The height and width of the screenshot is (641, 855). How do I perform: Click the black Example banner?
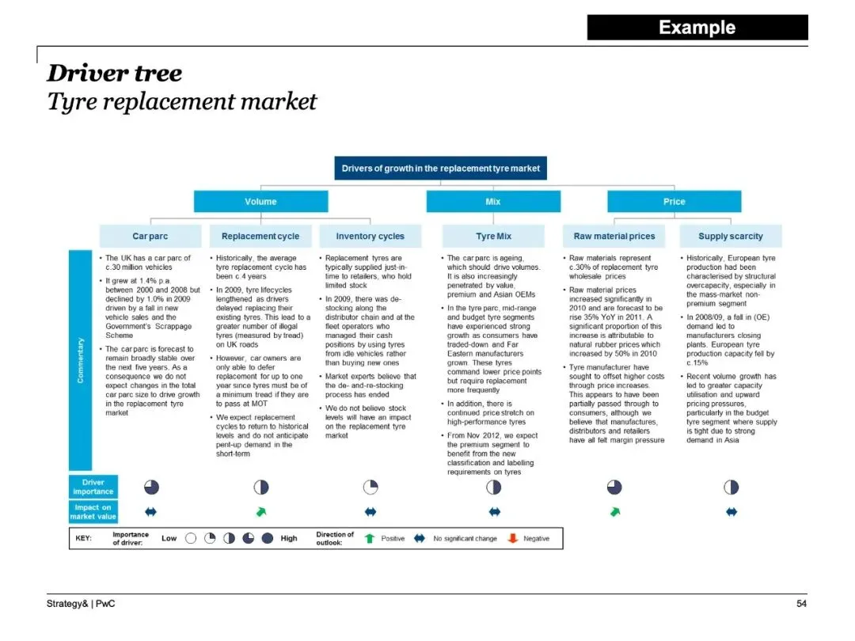(697, 28)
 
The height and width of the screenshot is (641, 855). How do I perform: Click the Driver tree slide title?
(114, 74)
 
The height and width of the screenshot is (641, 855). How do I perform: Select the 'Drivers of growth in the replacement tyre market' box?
(440, 169)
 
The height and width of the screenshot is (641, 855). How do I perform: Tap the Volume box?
(260, 202)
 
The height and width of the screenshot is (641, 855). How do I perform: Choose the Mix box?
(493, 202)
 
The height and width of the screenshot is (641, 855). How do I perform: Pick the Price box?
(674, 202)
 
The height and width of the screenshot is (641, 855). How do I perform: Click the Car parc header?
(150, 236)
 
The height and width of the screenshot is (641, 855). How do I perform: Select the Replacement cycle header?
(260, 236)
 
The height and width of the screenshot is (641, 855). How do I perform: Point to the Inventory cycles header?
(370, 236)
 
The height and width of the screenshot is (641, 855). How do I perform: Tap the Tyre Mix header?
(493, 236)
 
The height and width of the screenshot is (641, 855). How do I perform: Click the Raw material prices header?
(614, 236)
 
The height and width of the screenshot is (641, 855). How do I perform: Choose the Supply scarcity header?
(731, 236)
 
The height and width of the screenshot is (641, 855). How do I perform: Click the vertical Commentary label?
(80, 360)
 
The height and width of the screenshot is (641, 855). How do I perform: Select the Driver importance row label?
(93, 487)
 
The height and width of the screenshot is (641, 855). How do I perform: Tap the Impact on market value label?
(93, 512)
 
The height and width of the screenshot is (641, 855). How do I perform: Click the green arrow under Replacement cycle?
(260, 512)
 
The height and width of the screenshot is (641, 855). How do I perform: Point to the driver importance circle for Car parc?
(150, 487)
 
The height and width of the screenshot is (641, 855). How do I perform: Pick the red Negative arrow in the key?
(512, 538)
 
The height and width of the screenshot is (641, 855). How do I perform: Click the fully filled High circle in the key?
(268, 538)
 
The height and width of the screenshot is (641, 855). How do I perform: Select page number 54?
(801, 604)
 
